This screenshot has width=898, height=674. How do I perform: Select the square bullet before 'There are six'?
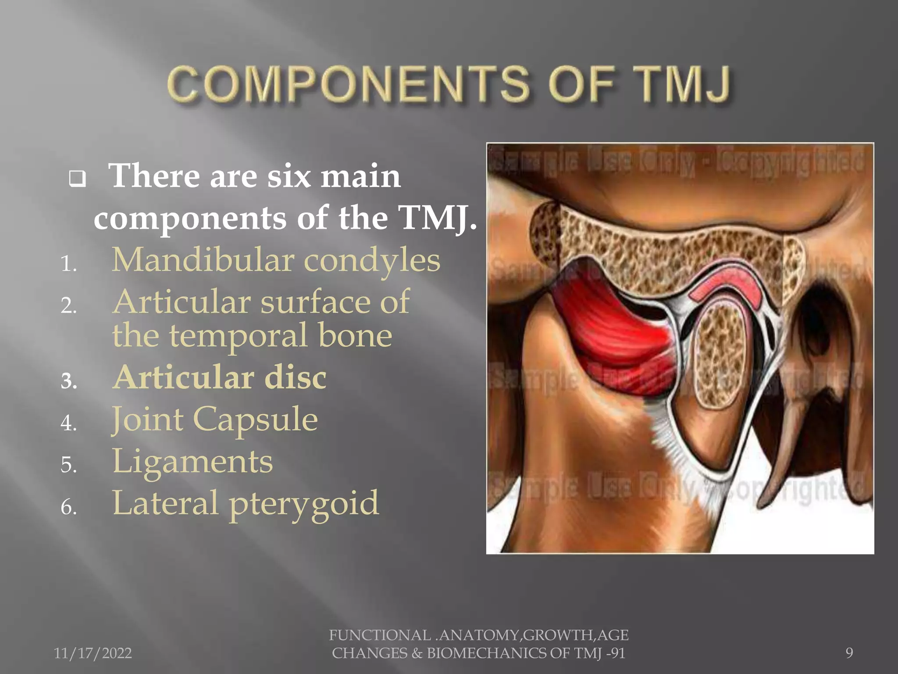[x=78, y=179]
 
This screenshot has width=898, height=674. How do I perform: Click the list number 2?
[x=69, y=306]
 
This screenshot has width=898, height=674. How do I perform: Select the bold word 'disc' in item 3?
[x=295, y=377]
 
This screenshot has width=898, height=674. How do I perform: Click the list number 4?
[x=69, y=423]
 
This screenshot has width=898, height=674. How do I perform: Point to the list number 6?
[x=69, y=508]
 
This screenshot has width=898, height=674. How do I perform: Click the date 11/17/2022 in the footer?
[x=93, y=653]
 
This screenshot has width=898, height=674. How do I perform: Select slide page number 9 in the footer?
[x=849, y=653]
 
